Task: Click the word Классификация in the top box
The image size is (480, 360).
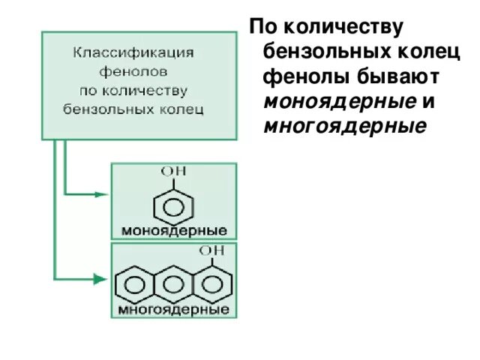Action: (x=133, y=55)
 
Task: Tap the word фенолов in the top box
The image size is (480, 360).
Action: (x=133, y=73)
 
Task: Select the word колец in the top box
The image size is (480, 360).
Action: (x=184, y=107)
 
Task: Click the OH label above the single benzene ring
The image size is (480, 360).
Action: (x=174, y=172)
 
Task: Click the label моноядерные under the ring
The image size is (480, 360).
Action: (x=173, y=229)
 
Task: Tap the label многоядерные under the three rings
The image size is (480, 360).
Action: (x=172, y=309)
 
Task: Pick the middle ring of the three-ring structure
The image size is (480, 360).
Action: (x=174, y=284)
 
